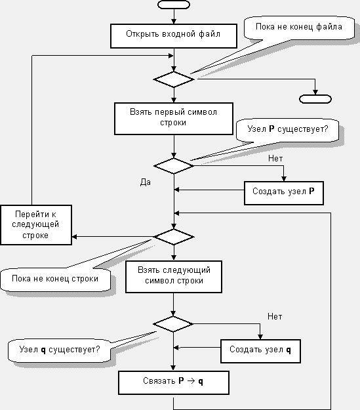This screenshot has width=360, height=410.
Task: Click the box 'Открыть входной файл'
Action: click(174, 36)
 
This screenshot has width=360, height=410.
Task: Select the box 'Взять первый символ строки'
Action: click(174, 119)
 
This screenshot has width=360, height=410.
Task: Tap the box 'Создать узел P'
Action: click(284, 193)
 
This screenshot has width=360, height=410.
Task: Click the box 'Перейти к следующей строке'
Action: click(36, 225)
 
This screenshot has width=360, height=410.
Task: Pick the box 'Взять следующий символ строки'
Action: click(174, 277)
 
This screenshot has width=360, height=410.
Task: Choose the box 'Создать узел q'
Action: click(260, 351)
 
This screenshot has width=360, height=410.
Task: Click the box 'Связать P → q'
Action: click(174, 382)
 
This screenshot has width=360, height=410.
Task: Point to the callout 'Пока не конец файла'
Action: click(299, 28)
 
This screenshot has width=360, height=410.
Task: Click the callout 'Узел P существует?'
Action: click(287, 130)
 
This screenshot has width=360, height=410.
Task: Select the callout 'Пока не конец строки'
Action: click(55, 279)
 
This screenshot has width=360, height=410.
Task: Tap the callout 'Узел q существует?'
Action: click(60, 350)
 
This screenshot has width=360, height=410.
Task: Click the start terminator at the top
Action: click(174, 5)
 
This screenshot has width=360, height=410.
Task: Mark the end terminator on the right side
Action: click(315, 99)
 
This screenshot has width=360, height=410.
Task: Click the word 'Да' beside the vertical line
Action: click(146, 182)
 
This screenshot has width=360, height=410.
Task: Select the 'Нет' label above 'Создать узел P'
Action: click(275, 159)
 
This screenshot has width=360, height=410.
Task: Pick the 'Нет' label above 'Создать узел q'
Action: click(275, 317)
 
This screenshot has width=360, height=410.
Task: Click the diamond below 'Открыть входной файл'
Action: click(174, 79)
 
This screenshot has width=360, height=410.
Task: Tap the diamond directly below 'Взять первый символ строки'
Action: click(174, 166)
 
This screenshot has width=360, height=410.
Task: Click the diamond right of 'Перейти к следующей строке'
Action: click(174, 237)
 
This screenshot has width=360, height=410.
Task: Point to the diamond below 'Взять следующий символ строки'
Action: click(173, 324)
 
